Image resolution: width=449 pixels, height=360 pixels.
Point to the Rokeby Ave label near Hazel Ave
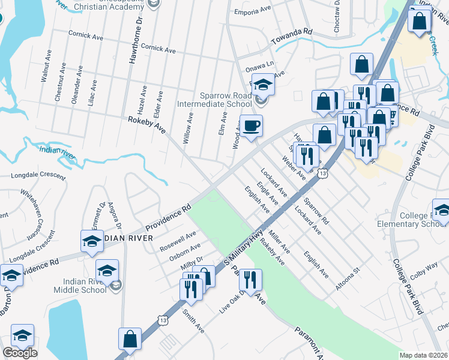(x=146, y=126)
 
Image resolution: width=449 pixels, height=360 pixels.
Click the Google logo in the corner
(x=20, y=353)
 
